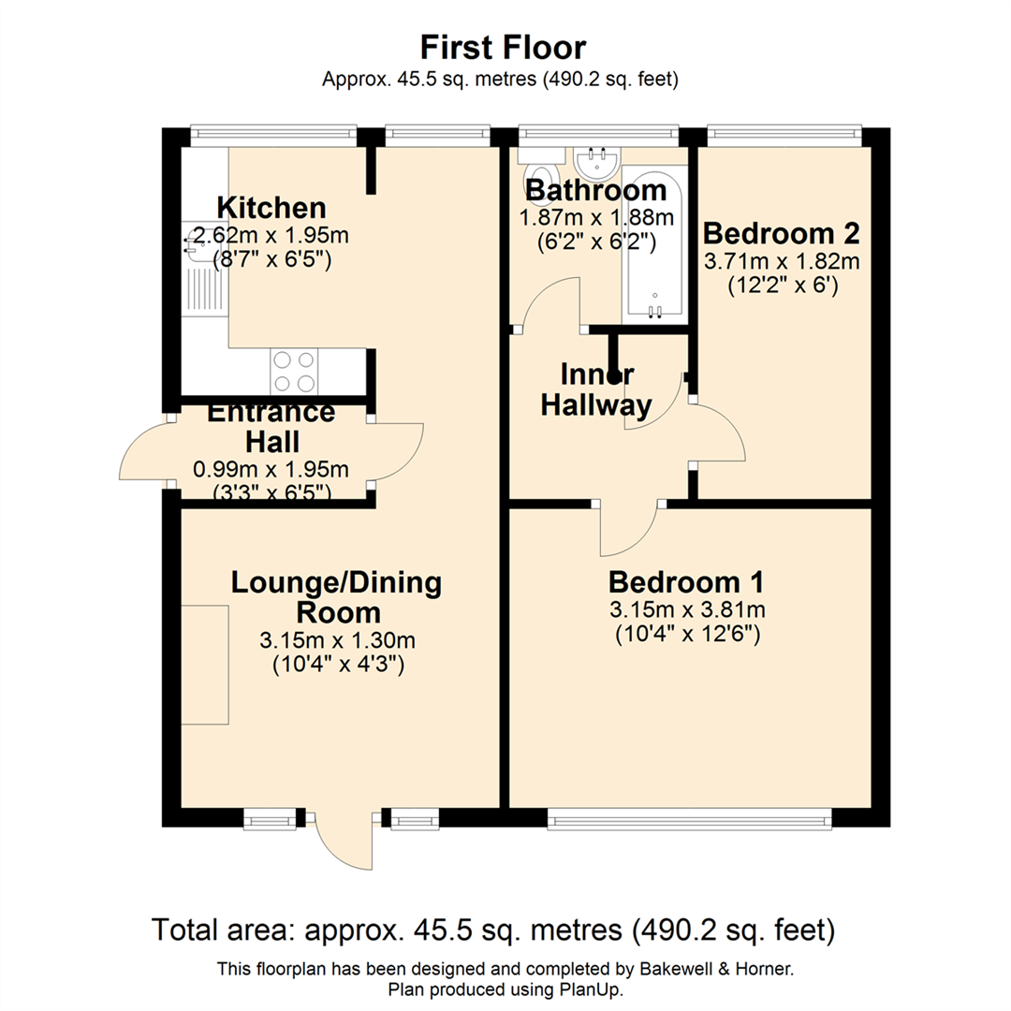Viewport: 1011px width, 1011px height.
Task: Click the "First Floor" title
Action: tap(503, 47)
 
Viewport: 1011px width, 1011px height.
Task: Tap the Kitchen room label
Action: tap(271, 207)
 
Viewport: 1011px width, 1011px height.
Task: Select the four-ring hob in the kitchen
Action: tap(294, 371)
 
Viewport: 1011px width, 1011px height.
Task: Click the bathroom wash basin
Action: tap(595, 163)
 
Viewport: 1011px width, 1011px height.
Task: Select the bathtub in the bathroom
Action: tap(654, 242)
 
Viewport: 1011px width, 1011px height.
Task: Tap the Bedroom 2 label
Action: tap(781, 232)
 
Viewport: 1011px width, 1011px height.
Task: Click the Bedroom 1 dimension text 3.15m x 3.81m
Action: tap(686, 611)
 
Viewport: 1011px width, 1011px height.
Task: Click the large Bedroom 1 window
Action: tap(689, 820)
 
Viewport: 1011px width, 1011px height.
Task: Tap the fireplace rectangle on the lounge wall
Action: tap(205, 665)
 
